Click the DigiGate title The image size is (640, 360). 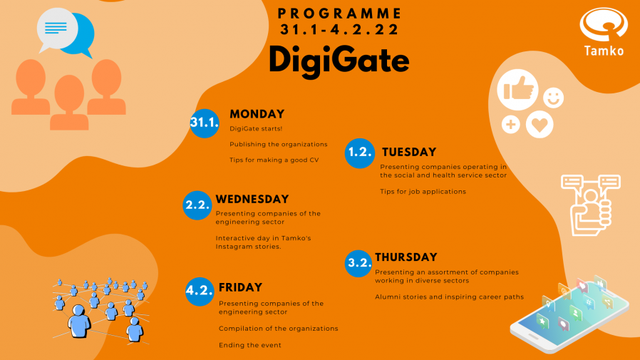(339, 61)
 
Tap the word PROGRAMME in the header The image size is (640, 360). (339, 14)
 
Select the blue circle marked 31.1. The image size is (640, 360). (205, 123)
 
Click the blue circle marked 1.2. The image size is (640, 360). (360, 153)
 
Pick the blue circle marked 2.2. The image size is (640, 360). (197, 205)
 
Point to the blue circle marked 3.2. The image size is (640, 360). (358, 263)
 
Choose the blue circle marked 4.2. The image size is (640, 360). (200, 292)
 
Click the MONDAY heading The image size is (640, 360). (257, 114)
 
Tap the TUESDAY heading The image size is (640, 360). (409, 153)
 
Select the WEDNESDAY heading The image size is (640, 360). (252, 199)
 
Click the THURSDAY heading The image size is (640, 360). (406, 257)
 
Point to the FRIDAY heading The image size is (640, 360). (240, 287)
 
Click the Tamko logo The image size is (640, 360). (604, 32)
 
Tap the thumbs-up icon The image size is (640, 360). (517, 90)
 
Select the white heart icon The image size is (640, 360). (540, 125)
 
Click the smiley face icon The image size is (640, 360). (554, 98)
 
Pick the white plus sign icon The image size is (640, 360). (510, 125)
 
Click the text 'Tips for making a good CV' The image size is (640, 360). (274, 160)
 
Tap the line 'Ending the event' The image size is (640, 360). (250, 345)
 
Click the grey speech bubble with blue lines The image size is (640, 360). (56, 29)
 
